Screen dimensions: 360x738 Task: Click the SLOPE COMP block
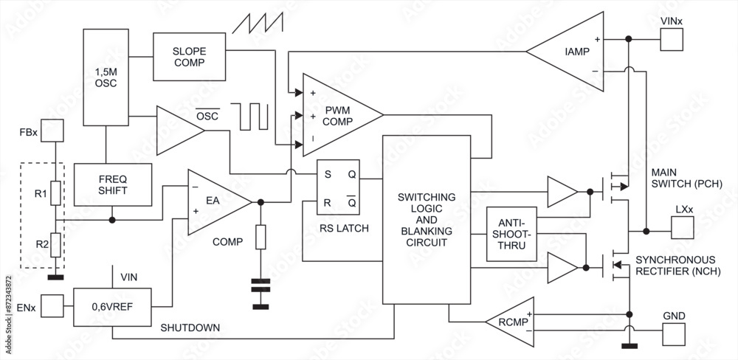[x=189, y=57]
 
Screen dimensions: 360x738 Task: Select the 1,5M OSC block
[x=106, y=77]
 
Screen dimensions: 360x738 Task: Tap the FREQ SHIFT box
[x=113, y=184]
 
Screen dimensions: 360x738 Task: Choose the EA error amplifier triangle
[x=215, y=200]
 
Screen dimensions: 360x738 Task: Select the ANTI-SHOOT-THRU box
[x=511, y=234]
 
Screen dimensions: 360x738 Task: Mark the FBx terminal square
[x=52, y=131]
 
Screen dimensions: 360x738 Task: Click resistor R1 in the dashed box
[x=55, y=193]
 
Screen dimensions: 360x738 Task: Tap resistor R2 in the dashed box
[x=55, y=244]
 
